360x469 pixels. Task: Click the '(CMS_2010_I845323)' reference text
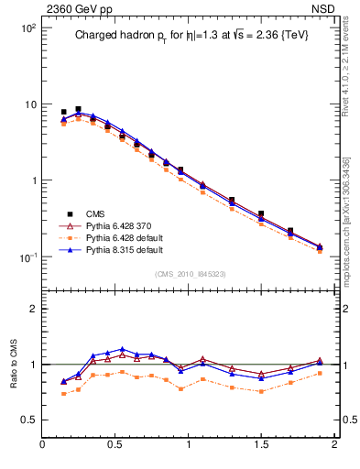[189, 274]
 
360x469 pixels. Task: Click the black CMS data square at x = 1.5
[261, 213]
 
